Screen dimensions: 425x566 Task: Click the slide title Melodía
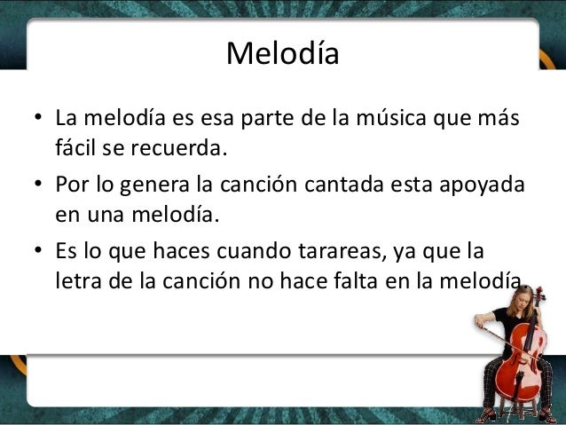[x=283, y=54]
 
